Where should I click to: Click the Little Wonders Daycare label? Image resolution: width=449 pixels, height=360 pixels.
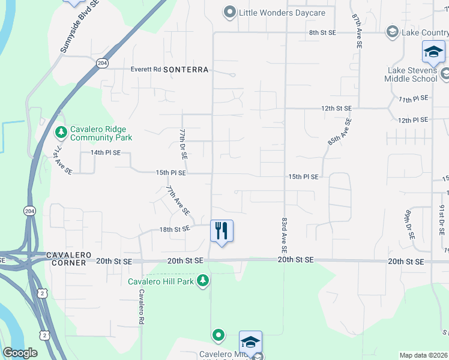274,13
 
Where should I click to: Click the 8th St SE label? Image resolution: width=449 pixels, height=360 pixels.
322,32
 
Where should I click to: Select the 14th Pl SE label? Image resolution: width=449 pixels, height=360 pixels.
106,153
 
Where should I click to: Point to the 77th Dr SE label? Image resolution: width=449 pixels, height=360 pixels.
183,143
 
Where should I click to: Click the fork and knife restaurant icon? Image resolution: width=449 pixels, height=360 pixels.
221,230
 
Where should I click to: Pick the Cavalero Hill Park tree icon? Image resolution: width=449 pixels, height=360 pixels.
203,280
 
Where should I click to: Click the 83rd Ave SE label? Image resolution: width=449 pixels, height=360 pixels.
283,235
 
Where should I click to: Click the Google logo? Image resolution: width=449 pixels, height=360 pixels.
20,353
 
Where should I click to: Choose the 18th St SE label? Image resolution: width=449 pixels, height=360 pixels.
175,229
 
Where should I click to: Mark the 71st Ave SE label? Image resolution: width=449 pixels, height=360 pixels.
61,163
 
